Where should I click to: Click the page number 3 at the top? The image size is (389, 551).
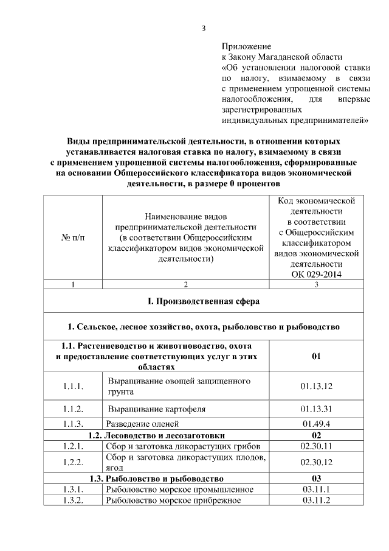[204, 27]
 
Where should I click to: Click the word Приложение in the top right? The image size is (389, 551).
[246, 46]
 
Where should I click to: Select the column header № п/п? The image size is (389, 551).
[73, 237]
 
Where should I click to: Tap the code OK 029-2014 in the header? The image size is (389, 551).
[316, 275]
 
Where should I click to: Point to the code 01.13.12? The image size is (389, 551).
[316, 386]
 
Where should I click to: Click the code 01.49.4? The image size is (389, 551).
[316, 424]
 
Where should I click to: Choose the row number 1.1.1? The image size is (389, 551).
[73, 386]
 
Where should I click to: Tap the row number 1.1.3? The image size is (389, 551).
[73, 424]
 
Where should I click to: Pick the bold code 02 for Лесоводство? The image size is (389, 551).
[316, 435]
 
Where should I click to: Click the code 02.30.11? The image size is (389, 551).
[316, 447]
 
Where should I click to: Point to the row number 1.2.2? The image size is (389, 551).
[73, 462]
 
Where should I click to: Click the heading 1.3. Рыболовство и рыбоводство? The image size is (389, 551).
[156, 478]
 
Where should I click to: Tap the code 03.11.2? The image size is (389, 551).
[316, 500]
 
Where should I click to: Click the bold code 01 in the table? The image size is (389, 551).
[316, 356]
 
